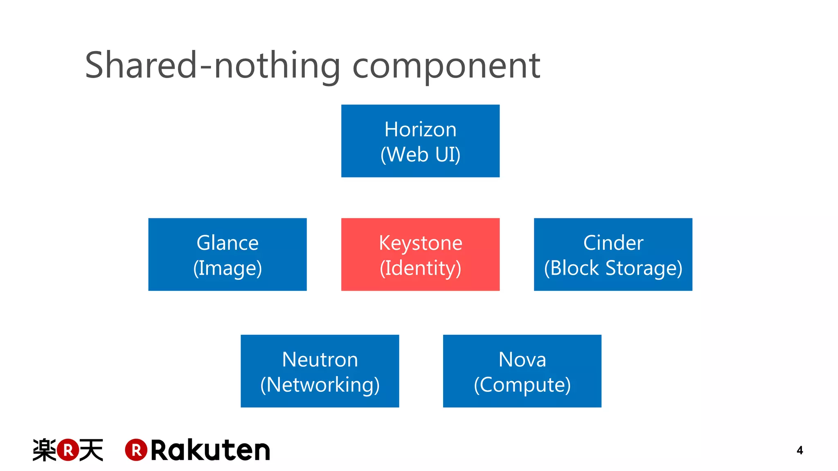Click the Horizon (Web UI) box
tap(420, 141)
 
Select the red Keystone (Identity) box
tap(420, 254)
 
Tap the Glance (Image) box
tap(228, 254)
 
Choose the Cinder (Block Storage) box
tap(613, 254)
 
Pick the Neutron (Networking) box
tap(320, 371)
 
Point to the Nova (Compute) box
tap(522, 371)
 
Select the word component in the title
tap(446, 66)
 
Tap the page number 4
tap(800, 451)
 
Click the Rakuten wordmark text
tap(210, 451)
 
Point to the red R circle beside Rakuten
tap(136, 450)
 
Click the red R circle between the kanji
tap(68, 450)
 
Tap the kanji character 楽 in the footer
tap(44, 450)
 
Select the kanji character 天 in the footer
tap(91, 450)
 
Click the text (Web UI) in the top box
tap(420, 155)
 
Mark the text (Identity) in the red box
tap(420, 268)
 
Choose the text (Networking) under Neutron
tap(320, 385)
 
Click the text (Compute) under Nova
tap(522, 385)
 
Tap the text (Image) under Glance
tap(228, 268)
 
